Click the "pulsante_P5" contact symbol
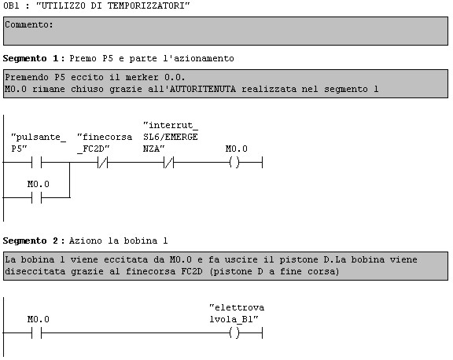(36, 163)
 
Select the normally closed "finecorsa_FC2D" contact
(102, 163)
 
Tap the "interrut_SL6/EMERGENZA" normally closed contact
(169, 163)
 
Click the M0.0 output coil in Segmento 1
(234, 163)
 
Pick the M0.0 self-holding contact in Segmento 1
(36, 198)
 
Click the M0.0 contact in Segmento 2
(36, 332)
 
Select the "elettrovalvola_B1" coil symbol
(234, 332)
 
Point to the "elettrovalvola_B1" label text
(237, 314)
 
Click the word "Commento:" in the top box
(29, 25)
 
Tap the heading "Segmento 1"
(31, 59)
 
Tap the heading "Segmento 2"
(31, 241)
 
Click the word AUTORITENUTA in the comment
(203, 89)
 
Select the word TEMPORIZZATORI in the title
(149, 6)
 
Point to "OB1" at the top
(11, 6)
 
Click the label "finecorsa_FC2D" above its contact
(105, 143)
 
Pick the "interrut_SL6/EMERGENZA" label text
(171, 137)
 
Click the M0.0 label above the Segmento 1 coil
(236, 149)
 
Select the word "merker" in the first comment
(142, 77)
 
